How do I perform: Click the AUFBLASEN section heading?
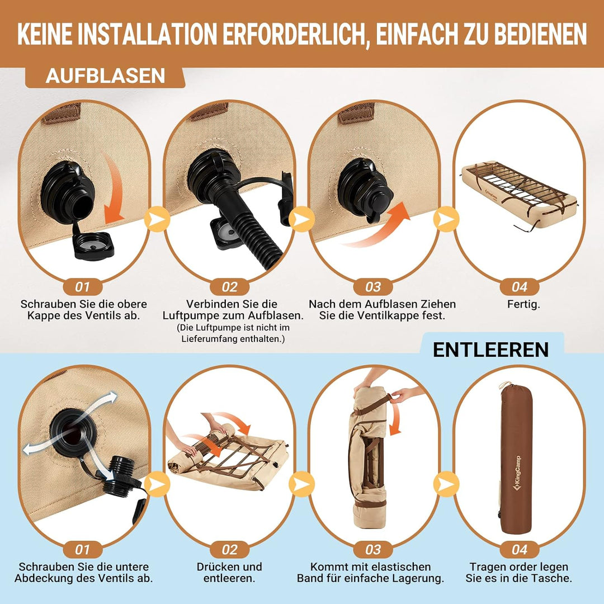point(105,76)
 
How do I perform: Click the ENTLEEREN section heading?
point(490,350)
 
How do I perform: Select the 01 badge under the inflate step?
point(82,287)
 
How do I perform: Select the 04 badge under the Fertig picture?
point(519,287)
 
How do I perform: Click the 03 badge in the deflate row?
point(372,550)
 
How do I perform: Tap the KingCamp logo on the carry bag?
point(516,473)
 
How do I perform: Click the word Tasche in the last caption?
point(554,579)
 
